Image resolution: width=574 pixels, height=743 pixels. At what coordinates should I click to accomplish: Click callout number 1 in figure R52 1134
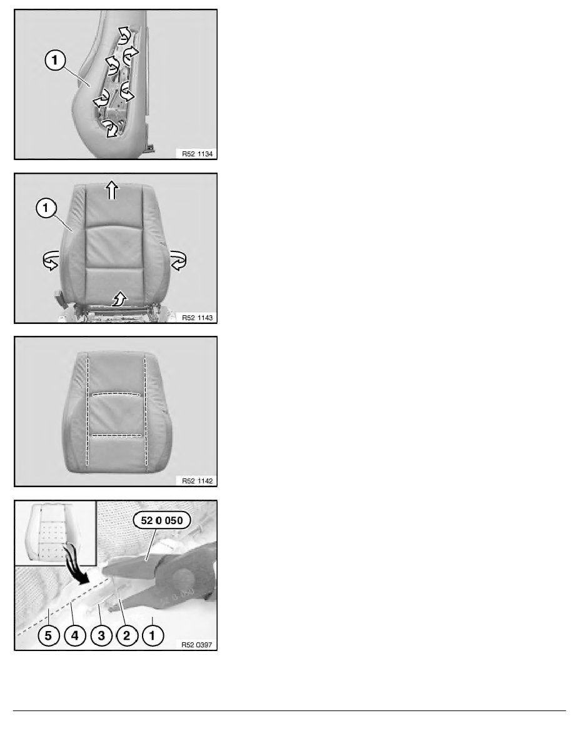55,60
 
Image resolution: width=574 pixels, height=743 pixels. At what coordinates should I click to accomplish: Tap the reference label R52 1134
197,153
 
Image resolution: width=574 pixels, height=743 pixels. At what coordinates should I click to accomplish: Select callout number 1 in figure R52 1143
46,208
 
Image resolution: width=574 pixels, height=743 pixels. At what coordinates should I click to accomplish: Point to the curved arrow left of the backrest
51,261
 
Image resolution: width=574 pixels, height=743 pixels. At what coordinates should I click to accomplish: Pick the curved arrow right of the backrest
178,261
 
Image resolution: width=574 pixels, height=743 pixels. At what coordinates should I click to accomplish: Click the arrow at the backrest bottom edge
119,298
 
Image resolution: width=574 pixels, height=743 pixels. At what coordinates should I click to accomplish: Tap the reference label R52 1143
197,318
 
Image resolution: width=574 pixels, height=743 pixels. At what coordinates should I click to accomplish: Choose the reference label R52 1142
197,480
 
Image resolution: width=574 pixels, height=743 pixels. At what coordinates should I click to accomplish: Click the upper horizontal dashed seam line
116,393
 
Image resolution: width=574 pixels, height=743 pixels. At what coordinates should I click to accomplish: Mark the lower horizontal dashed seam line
116,435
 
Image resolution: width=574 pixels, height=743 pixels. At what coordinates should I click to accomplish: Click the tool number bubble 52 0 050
161,520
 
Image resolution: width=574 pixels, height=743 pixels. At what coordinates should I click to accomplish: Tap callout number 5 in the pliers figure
48,635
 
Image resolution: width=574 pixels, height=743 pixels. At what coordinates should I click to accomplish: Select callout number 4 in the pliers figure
75,635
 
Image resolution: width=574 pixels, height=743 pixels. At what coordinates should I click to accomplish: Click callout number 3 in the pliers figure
101,635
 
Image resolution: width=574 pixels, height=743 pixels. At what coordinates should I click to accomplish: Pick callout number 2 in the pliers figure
126,635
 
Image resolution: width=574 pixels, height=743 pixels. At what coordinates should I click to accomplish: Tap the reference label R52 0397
197,644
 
